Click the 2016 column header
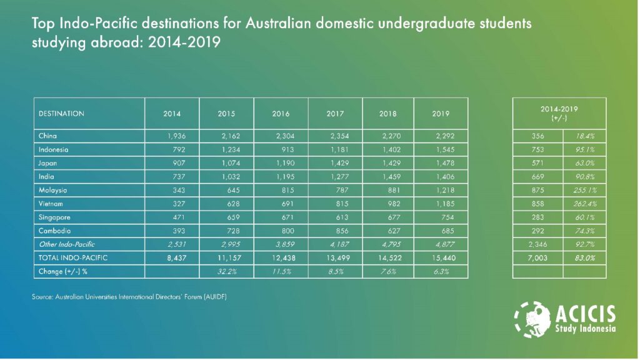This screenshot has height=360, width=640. coord(281,114)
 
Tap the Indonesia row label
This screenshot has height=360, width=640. coord(54,149)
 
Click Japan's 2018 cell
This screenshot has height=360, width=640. coord(391,163)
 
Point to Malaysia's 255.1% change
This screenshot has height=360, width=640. coord(585,190)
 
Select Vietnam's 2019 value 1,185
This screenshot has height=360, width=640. coord(445,204)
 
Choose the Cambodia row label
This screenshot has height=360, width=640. coord(55,231)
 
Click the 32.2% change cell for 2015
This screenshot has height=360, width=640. coord(227,271)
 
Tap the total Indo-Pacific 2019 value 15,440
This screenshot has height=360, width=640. coord(443,258)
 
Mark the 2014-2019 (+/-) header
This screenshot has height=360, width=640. coord(559,114)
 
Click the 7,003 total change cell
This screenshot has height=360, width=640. coord(537,258)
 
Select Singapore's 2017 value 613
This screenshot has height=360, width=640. coord(342,217)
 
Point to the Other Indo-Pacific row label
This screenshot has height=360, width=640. coord(67,244)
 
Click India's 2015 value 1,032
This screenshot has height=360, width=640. coord(231,177)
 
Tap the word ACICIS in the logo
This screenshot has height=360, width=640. coord(585,314)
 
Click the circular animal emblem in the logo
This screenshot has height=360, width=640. coord(532,319)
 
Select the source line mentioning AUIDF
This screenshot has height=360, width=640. coord(129,297)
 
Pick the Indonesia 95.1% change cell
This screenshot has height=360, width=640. coord(585,149)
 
